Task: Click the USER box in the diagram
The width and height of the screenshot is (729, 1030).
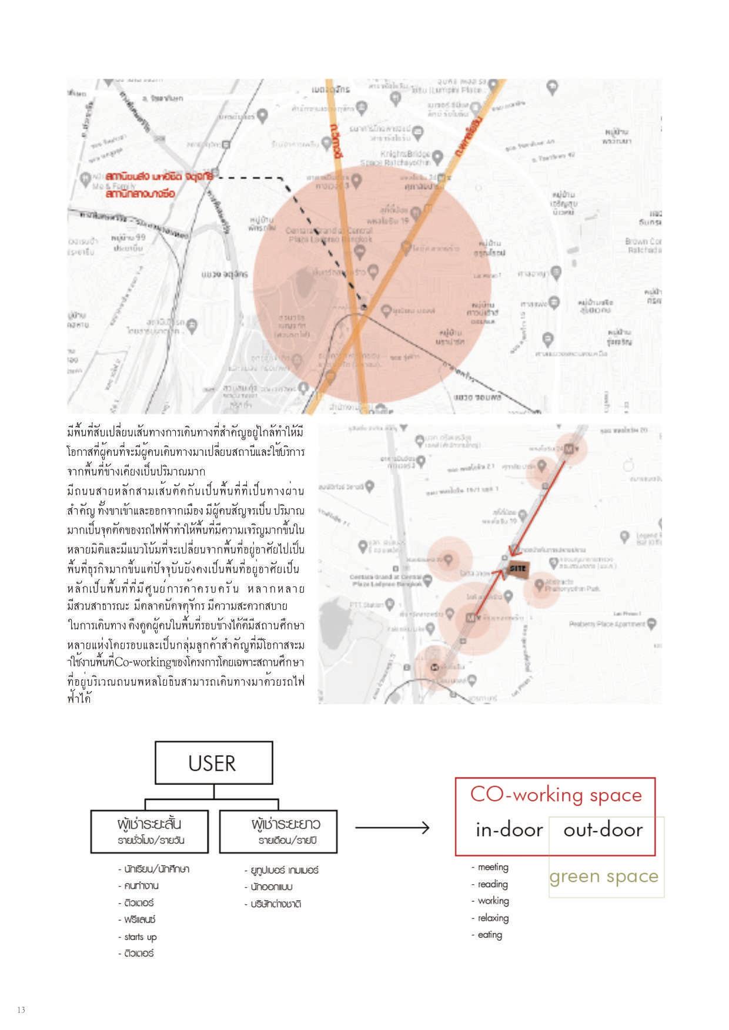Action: point(213,763)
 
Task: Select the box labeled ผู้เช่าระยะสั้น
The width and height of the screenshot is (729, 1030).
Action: point(150,831)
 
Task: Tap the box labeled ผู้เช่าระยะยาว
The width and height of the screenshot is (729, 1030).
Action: point(278,831)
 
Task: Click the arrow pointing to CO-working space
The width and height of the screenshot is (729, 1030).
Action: point(392,828)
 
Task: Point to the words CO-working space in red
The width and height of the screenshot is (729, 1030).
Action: point(556,794)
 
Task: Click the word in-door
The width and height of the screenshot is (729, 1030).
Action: point(509,830)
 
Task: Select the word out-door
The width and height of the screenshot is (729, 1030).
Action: point(603,830)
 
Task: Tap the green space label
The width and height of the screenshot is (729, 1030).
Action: point(604,876)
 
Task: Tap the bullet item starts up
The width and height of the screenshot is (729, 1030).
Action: point(140,937)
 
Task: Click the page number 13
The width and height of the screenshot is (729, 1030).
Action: point(21,1010)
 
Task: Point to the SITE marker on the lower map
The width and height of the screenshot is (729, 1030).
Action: point(517,568)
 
